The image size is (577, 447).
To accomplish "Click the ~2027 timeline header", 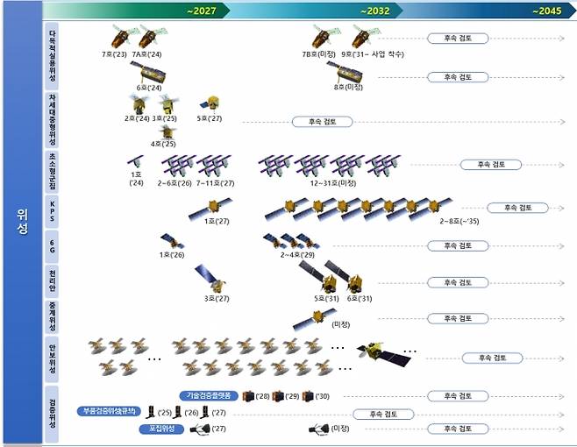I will tap(201, 11).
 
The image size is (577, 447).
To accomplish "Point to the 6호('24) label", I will tap(148, 88).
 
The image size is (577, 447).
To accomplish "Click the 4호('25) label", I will tap(164, 143).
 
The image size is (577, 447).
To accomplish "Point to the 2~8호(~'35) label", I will tap(459, 222).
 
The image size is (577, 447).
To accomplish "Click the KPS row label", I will tap(53, 210).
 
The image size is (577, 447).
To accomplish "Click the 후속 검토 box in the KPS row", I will tap(516, 208).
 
